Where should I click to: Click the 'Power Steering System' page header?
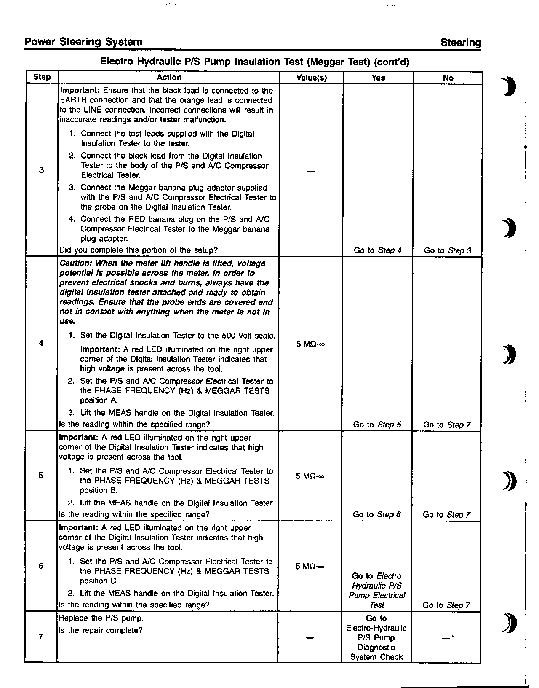[x=83, y=42]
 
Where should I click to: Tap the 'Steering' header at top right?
[x=460, y=43]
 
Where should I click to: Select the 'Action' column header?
[x=169, y=77]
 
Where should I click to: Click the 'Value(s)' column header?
[x=311, y=78]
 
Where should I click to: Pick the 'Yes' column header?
[x=378, y=78]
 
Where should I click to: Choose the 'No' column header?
[x=448, y=78]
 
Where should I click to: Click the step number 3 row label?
[x=41, y=170]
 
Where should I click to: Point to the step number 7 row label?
[x=40, y=637]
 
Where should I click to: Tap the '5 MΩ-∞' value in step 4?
[x=311, y=344]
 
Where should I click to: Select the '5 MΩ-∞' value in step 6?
[x=310, y=566]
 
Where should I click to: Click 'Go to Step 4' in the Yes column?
[x=378, y=250]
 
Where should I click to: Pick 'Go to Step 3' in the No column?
[x=448, y=250]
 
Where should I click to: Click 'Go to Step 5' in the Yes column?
[x=377, y=425]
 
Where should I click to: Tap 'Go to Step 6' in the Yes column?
[x=376, y=514]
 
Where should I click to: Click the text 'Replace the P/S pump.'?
[x=101, y=618]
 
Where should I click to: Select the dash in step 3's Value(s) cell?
[x=311, y=171]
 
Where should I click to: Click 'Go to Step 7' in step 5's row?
[x=446, y=515]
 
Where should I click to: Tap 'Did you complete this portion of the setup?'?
[x=139, y=250]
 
